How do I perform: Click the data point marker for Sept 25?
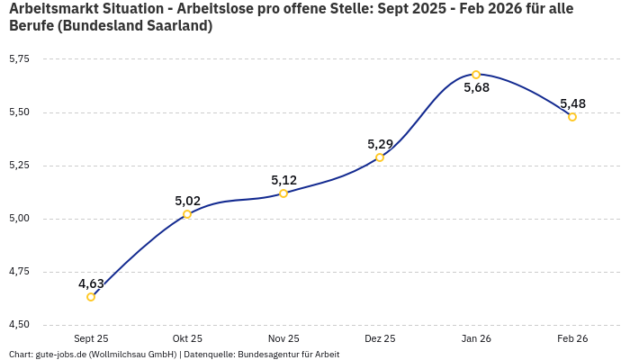91,297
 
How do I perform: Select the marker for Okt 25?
187,214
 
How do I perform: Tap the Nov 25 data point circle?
283,193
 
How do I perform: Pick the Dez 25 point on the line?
380,157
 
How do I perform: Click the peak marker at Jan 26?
476,75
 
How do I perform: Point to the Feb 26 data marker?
572,117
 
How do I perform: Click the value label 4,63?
91,283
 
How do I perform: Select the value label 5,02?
187,201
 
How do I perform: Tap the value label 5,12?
283,180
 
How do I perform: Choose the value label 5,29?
380,144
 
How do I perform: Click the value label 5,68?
476,88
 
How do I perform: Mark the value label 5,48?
572,103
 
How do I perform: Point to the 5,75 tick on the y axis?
19,59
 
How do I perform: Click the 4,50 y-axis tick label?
19,325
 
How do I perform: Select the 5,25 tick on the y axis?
19,166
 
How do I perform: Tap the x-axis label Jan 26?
476,338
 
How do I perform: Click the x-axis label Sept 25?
91,338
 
